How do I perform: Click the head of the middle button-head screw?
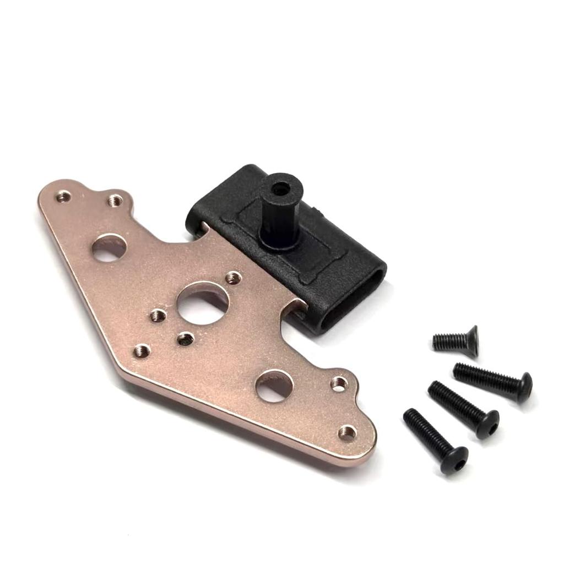point(487,424)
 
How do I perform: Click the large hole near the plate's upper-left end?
point(109,248)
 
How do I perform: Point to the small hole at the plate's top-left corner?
point(63,196)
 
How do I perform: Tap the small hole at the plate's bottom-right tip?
point(346,432)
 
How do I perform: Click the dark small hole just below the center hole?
point(186,339)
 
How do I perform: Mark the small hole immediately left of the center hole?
point(159,316)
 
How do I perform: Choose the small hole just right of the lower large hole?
point(338,383)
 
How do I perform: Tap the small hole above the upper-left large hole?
point(115,200)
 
